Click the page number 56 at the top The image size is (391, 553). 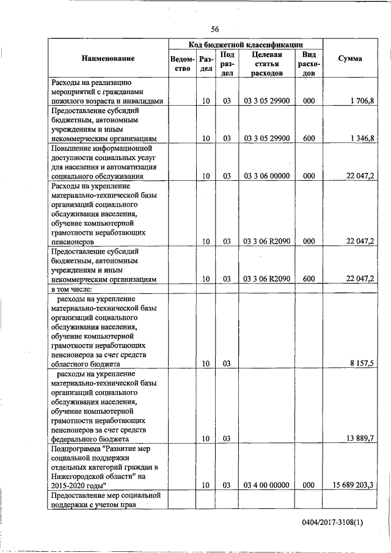coord(214,29)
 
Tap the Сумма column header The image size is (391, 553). coord(349,58)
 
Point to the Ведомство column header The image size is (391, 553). coord(183,64)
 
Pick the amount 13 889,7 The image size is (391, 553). coord(359,439)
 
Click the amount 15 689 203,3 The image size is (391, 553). coord(354,485)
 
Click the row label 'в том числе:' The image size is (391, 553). coord(72,289)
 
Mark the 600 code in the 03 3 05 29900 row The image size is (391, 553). coord(309,138)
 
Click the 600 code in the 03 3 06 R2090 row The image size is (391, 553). coord(309,279)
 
